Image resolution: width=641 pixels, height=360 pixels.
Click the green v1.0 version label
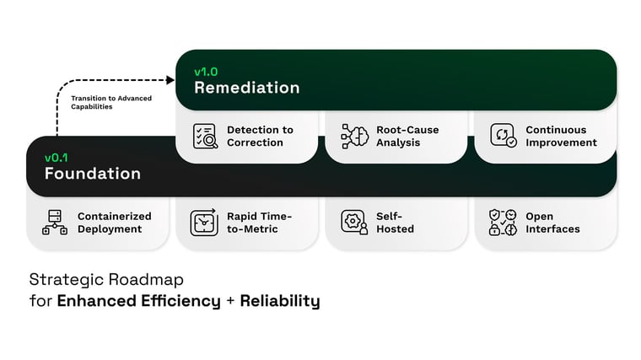click(206, 72)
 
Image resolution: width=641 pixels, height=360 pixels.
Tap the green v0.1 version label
click(57, 158)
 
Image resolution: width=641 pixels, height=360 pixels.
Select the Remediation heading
click(246, 88)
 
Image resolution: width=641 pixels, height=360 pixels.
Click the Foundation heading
click(93, 174)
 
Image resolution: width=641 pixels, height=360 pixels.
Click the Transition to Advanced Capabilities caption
click(111, 103)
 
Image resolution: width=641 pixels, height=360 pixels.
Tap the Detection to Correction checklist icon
click(205, 137)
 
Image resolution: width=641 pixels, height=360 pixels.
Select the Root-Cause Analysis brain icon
click(354, 137)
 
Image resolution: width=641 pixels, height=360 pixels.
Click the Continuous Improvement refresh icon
click(504, 137)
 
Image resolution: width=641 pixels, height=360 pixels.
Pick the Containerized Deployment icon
click(55, 223)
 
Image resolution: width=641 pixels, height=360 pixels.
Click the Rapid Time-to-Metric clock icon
click(203, 223)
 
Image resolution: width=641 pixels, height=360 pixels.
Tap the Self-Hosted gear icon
click(354, 223)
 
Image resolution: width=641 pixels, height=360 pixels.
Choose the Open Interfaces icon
click(504, 223)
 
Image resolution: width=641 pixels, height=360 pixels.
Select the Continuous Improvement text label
click(561, 137)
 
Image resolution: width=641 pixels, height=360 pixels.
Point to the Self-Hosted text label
click(395, 223)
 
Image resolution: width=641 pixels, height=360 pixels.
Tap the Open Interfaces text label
click(552, 223)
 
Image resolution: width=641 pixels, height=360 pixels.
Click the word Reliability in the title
click(280, 301)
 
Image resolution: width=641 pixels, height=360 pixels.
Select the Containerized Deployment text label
click(114, 223)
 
